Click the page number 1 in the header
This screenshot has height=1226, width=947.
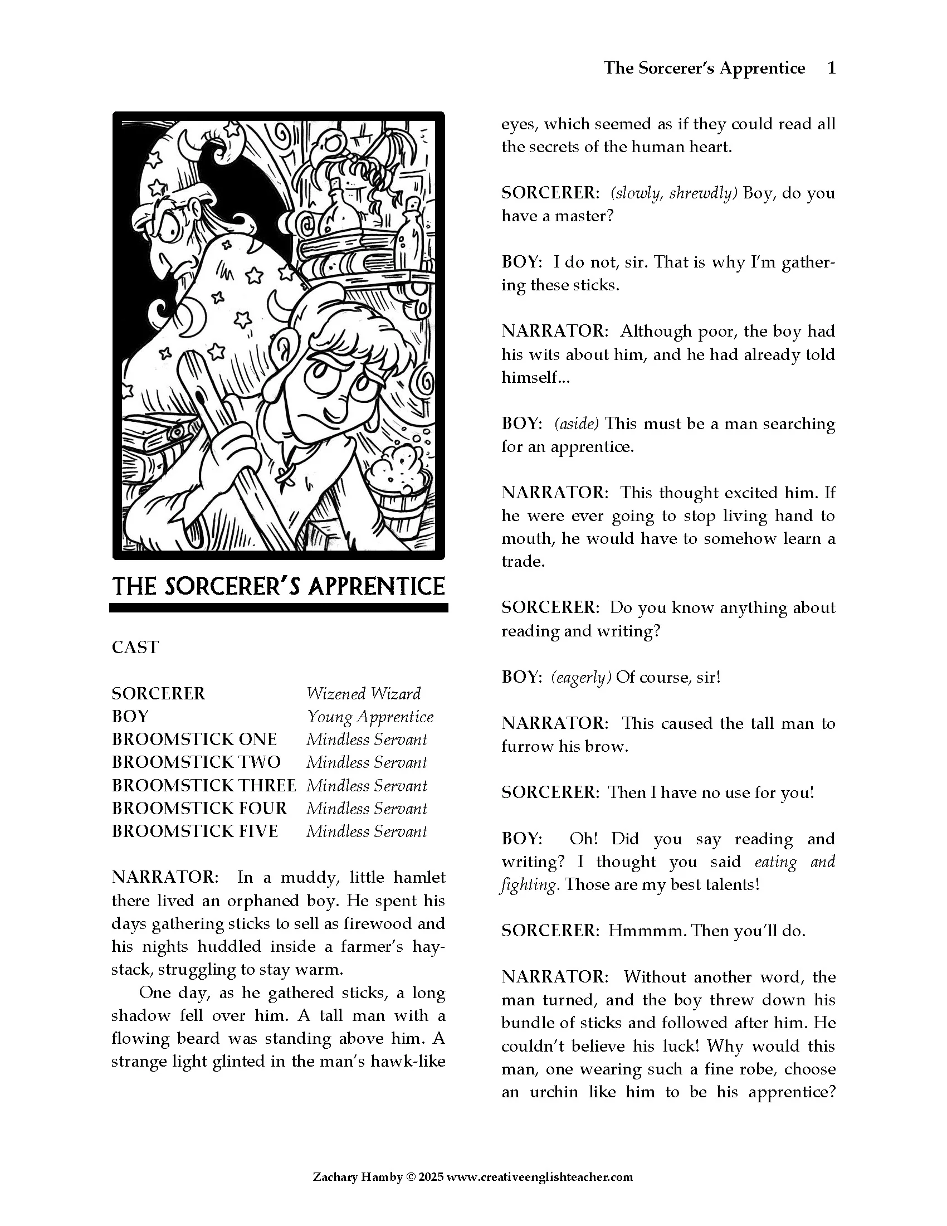click(x=832, y=69)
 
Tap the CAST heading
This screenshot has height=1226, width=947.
click(x=135, y=647)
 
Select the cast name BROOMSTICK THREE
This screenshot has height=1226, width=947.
click(x=204, y=785)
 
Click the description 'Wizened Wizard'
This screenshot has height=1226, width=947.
click(x=364, y=694)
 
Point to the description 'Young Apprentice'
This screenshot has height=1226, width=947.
click(x=370, y=717)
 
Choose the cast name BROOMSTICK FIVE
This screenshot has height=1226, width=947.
click(x=194, y=831)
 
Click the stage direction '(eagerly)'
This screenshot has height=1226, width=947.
click(x=581, y=678)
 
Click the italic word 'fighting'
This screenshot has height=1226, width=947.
click(x=529, y=886)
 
